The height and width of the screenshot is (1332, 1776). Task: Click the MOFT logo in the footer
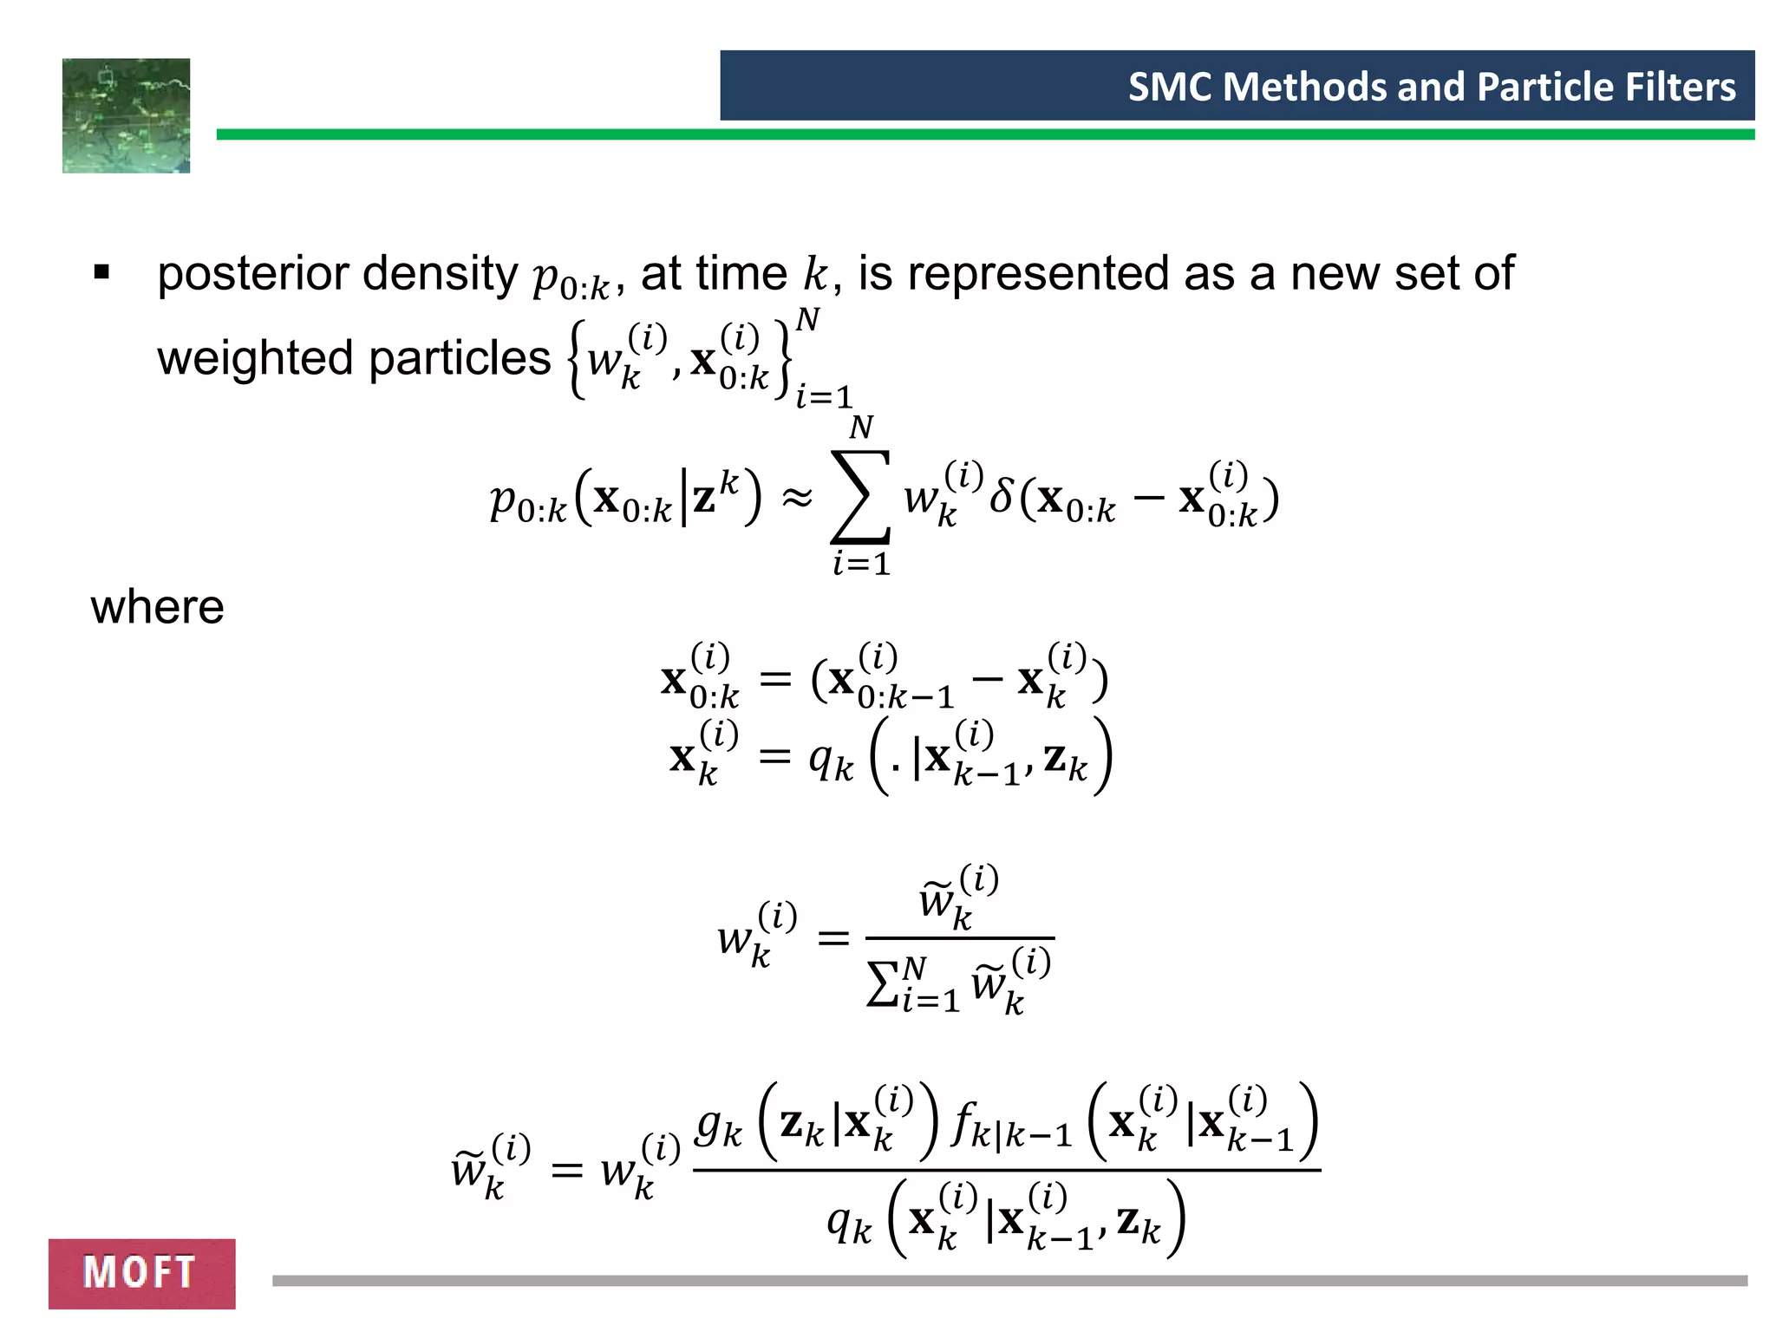tap(141, 1273)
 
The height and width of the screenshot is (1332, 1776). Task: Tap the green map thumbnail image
tap(126, 115)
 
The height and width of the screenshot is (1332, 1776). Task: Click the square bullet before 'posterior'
tap(101, 273)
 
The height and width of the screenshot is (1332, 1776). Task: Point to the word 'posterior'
tap(252, 274)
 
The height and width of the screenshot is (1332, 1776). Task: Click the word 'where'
tap(157, 606)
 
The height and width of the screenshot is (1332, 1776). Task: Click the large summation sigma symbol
tap(860, 497)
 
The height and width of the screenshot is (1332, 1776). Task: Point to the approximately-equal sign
tap(797, 497)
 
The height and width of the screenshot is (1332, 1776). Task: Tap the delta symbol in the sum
tap(1002, 496)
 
